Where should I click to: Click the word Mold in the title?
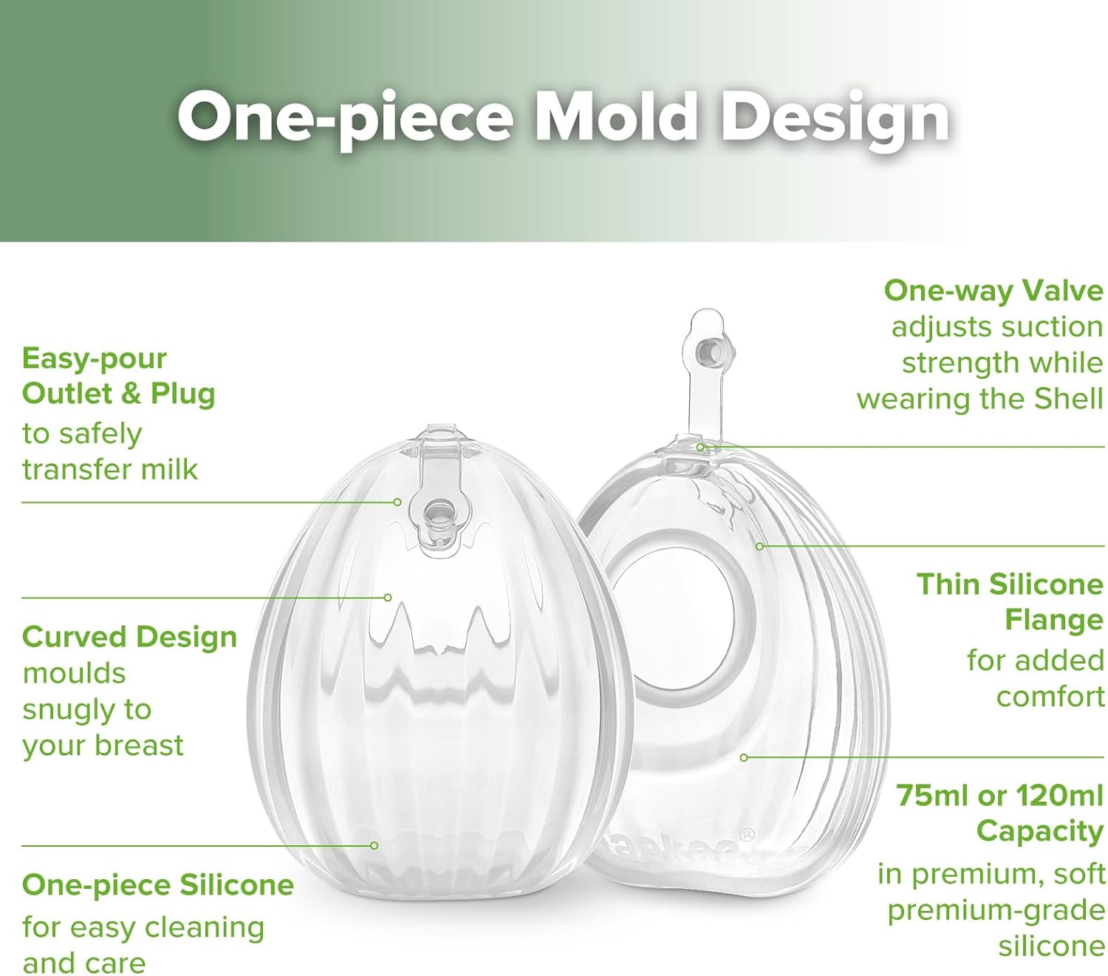(x=615, y=117)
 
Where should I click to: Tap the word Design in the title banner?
(x=835, y=118)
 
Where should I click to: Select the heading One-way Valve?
(x=993, y=290)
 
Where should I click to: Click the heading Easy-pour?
(x=95, y=358)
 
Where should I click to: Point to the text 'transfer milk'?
(x=110, y=469)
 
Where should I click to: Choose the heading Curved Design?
(x=129, y=636)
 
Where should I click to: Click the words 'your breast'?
(x=103, y=745)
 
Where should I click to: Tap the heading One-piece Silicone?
(x=158, y=884)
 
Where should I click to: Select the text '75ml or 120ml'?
(x=999, y=795)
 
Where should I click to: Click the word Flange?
(x=1053, y=620)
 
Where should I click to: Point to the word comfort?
(x=1050, y=696)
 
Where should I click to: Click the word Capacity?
(x=1039, y=831)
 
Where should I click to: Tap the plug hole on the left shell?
(x=439, y=513)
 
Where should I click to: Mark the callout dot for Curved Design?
(x=388, y=597)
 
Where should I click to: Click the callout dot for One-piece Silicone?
(x=375, y=845)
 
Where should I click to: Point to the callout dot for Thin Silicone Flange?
(x=759, y=546)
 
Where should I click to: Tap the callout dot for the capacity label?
(x=744, y=757)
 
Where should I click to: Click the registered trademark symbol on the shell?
(x=747, y=836)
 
